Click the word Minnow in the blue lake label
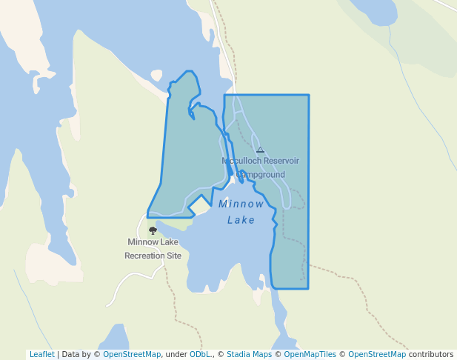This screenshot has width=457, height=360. click(241, 204)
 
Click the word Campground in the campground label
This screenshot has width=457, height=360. click(261, 175)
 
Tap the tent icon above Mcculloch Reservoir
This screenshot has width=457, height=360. click(260, 150)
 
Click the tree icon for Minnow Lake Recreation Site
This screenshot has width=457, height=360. click(153, 230)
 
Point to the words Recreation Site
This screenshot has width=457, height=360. click(153, 256)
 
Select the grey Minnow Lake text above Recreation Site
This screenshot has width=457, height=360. click(153, 242)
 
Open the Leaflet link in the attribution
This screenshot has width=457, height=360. click(41, 354)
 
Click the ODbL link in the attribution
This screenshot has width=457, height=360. click(199, 354)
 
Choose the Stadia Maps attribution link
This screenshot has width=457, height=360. click(249, 354)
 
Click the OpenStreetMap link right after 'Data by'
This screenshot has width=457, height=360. click(132, 354)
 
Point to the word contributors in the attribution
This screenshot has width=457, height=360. click(431, 354)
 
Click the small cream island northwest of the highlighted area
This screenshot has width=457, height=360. click(156, 75)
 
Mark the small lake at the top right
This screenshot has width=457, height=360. click(374, 10)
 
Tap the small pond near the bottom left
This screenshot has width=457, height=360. click(114, 338)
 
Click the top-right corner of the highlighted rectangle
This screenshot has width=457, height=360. click(308, 96)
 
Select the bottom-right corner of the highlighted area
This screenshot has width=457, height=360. click(307, 288)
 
